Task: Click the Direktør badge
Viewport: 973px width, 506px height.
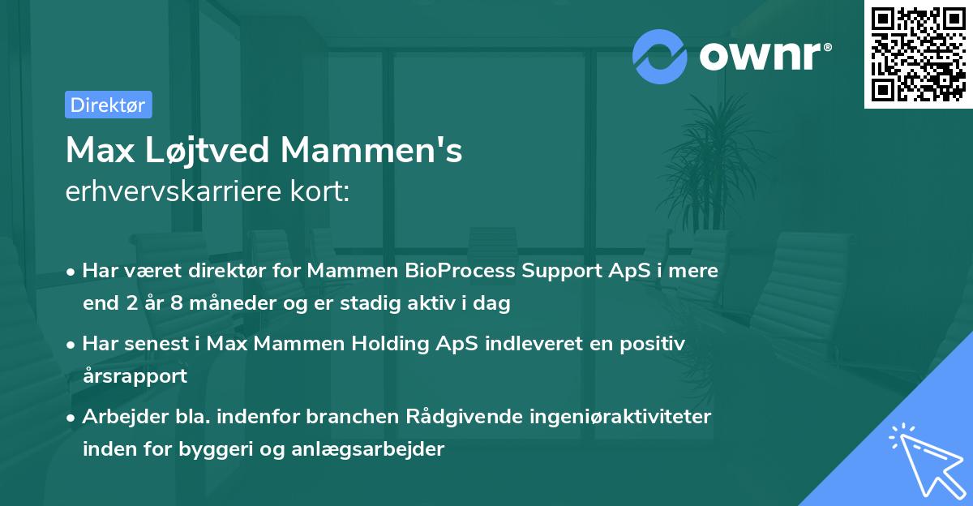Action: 108,105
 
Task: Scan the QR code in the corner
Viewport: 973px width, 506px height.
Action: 918,54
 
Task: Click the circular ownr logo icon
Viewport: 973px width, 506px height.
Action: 659,56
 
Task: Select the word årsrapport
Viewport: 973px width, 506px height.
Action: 135,375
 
